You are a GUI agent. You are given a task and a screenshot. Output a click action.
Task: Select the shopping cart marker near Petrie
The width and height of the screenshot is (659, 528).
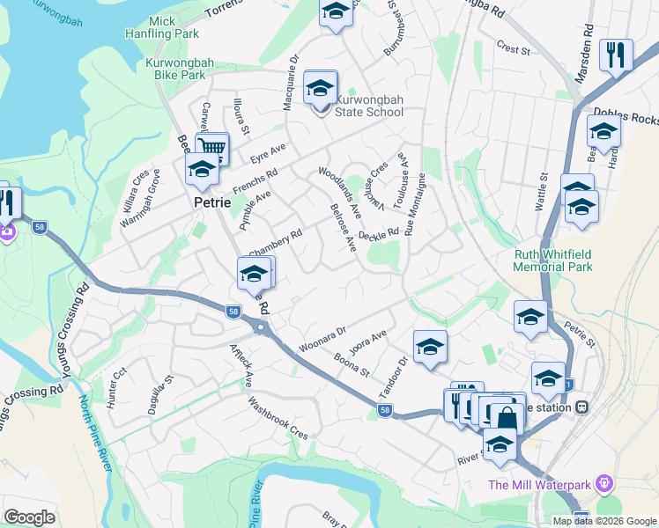click(x=212, y=148)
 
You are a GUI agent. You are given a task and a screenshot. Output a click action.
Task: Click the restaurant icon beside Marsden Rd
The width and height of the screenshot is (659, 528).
click(x=616, y=55)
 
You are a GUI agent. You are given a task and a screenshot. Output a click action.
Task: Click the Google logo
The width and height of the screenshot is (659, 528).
click(x=29, y=517)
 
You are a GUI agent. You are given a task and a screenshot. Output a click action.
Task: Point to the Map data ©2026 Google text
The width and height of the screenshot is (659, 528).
click(x=604, y=521)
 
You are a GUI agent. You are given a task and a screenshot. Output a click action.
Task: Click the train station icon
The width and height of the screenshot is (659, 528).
click(x=581, y=407)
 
